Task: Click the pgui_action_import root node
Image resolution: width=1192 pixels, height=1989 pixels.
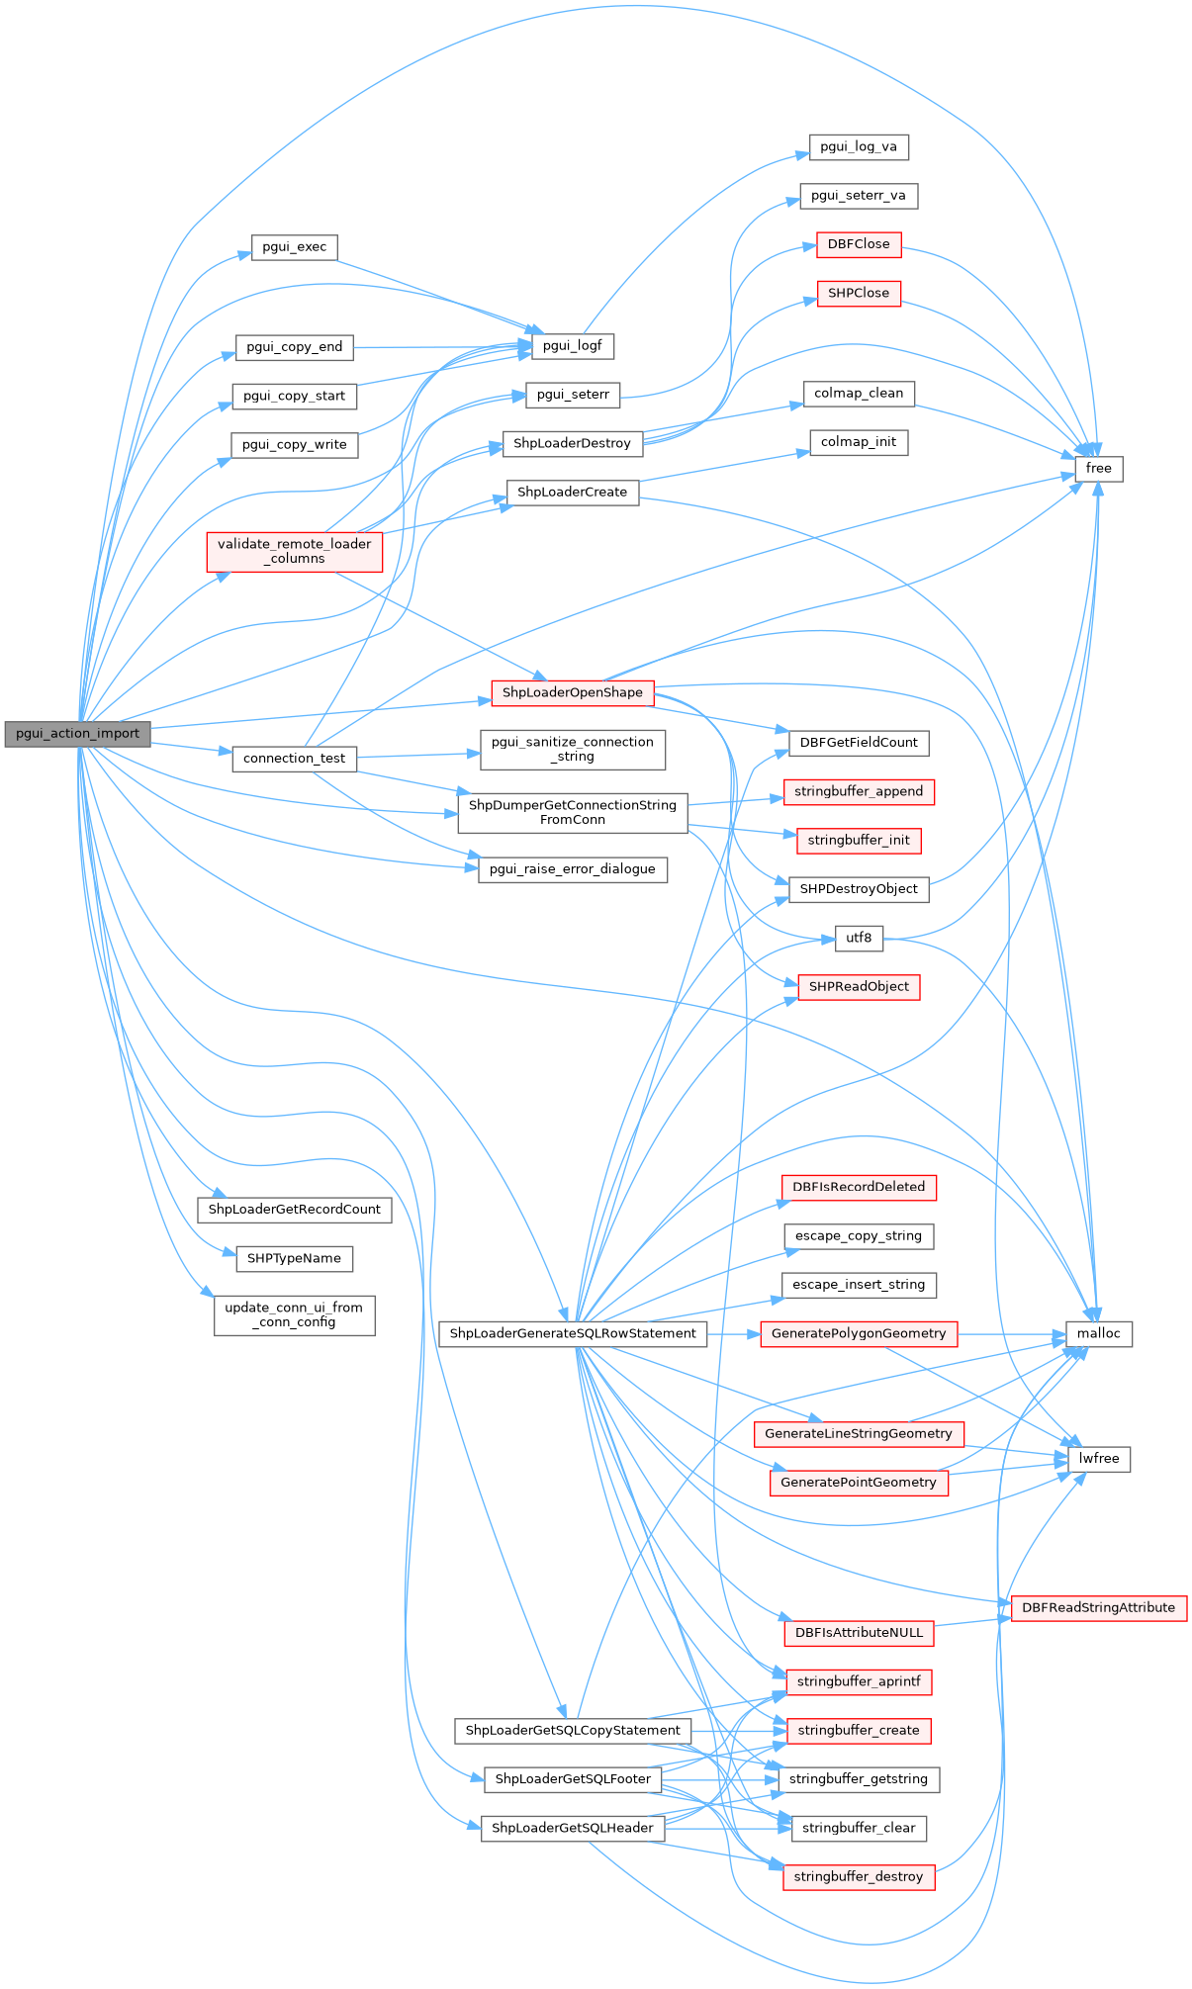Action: coord(77,734)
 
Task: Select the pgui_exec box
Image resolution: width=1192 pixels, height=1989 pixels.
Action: coord(295,247)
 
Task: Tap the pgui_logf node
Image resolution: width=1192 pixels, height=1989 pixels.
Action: coord(573,345)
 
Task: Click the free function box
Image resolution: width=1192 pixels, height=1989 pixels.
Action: coord(1098,468)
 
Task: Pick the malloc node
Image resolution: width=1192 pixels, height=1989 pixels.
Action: coord(1098,1333)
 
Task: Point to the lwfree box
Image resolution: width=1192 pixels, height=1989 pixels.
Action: coord(1099,1458)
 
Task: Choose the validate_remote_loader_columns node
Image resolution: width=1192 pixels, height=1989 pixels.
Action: coord(295,551)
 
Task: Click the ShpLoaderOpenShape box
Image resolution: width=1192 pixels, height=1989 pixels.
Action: coord(572,692)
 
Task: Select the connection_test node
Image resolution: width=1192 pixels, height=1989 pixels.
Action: coord(294,759)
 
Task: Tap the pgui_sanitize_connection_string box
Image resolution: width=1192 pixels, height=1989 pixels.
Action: coord(572,749)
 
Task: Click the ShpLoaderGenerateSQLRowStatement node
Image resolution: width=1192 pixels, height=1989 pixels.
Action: coord(573,1333)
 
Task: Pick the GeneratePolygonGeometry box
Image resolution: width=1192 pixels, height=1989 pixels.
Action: coord(859,1333)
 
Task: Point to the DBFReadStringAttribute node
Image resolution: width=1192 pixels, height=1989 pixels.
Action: coord(1098,1607)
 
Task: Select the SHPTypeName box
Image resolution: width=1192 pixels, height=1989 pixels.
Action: coord(294,1258)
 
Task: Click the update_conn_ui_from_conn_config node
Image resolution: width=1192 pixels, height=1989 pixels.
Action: coord(294,1314)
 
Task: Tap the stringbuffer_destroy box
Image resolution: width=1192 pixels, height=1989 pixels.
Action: coord(859,1876)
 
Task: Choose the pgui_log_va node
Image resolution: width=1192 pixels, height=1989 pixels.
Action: coord(859,146)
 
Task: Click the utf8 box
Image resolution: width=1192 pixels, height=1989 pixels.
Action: coord(859,938)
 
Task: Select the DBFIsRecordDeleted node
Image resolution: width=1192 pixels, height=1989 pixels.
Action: coord(859,1187)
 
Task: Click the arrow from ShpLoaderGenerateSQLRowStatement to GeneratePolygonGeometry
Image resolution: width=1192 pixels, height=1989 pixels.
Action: coord(733,1333)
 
